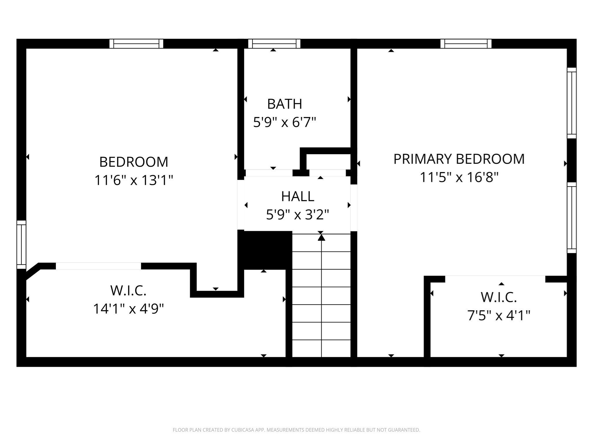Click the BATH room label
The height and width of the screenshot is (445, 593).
[x=284, y=104]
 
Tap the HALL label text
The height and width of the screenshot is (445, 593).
[x=298, y=196]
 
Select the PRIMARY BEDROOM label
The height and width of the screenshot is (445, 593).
[x=459, y=159]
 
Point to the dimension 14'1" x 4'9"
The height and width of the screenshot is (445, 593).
[x=128, y=309]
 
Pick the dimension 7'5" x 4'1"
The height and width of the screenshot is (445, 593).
[x=499, y=315]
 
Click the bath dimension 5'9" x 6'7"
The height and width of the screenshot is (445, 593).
[x=284, y=122]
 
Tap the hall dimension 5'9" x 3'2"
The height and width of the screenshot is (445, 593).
[x=298, y=215]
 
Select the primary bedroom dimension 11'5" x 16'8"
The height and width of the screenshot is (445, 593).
[x=459, y=177]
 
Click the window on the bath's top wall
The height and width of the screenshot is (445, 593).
[x=274, y=44]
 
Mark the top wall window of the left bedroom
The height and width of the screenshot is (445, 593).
[x=136, y=44]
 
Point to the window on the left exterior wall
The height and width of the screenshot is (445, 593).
[x=21, y=245]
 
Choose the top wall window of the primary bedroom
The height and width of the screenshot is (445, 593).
[x=466, y=44]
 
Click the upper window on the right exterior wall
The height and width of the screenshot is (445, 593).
[x=572, y=103]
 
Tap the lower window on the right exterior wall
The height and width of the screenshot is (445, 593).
[x=572, y=218]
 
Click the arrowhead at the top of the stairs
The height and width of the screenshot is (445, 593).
[x=321, y=238]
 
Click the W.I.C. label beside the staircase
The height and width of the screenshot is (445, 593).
[x=128, y=291]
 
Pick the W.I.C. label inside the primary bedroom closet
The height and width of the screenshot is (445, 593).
[x=499, y=297]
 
